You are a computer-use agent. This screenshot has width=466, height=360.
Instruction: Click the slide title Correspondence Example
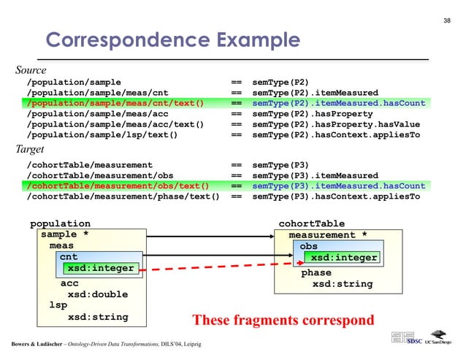[173, 39]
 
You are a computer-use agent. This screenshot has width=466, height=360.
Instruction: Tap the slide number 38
[448, 20]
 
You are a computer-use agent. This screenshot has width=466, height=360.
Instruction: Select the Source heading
[31, 71]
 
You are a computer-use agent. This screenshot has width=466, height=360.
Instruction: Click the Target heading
[30, 150]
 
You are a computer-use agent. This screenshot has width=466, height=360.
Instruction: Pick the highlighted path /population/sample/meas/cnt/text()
[115, 103]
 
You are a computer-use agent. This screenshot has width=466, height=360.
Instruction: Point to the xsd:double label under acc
[97, 294]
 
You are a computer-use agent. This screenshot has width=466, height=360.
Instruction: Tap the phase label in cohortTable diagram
[316, 273]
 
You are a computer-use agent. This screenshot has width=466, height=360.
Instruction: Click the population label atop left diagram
[60, 223]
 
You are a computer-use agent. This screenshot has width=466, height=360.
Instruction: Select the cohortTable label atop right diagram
[312, 223]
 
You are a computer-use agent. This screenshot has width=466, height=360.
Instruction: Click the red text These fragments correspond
[283, 320]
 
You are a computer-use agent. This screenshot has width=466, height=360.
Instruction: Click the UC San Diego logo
[440, 341]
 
